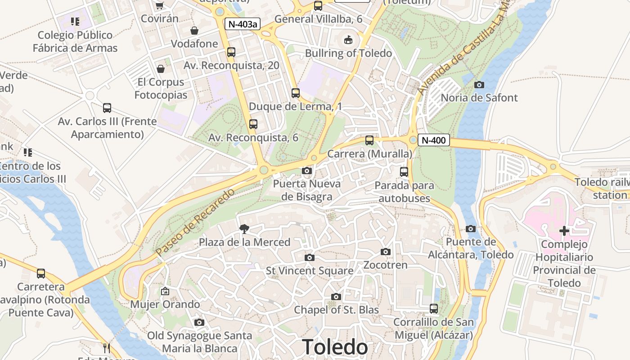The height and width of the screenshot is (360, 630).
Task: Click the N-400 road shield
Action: [434, 140]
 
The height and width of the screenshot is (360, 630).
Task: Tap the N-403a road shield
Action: [243, 24]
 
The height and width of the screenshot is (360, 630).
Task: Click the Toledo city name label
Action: [335, 347]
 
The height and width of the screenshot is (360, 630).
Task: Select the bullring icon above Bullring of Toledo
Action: [348, 40]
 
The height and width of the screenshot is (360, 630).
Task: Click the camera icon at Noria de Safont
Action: [479, 85]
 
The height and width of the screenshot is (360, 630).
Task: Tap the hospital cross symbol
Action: [564, 231]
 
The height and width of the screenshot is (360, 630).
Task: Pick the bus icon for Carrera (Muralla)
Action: [369, 140]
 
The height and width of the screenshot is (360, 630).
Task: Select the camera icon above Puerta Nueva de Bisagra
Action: [307, 171]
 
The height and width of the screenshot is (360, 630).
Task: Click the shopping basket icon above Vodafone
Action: [194, 31]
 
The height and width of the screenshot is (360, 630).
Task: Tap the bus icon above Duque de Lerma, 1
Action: [295, 93]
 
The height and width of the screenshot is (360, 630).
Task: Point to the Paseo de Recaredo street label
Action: [196, 223]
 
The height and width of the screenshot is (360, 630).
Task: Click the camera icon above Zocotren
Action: [386, 252]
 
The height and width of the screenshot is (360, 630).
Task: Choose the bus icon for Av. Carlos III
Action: [107, 108]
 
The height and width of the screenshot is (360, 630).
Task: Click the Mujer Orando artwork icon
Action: [165, 291]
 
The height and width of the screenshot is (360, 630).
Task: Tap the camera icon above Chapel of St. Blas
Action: [336, 297]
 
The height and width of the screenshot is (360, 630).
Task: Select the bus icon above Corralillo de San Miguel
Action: [434, 309]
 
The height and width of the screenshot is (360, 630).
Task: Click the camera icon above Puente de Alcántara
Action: [471, 229]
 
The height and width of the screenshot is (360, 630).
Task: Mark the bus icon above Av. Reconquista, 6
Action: [253, 124]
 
